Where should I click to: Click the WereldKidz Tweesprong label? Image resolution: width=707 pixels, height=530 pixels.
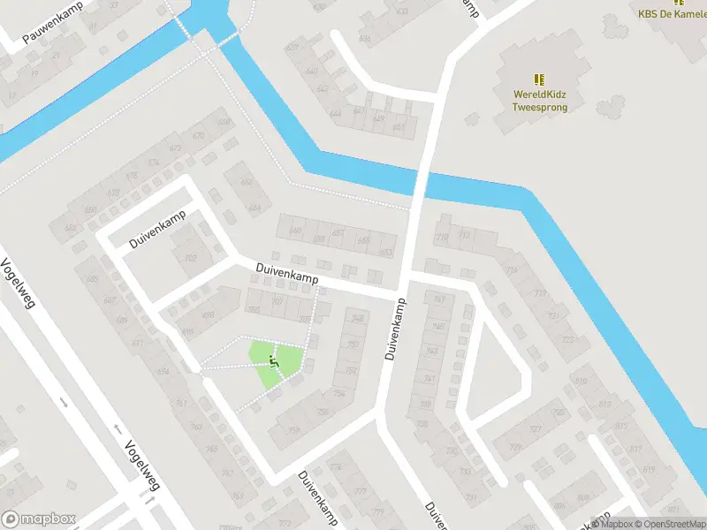[540, 101]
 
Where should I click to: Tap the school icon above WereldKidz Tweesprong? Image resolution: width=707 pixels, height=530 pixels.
[540, 79]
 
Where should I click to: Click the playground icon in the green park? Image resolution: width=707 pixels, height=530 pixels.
[273, 359]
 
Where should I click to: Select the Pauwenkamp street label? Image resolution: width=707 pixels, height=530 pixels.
[52, 26]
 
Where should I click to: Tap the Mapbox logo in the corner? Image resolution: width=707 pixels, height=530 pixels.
[39, 519]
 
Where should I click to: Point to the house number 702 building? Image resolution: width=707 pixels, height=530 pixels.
[189, 258]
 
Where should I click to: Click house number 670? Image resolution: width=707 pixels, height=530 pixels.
[198, 135]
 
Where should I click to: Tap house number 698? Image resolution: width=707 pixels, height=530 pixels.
[209, 315]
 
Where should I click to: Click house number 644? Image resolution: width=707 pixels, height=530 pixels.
[335, 114]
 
